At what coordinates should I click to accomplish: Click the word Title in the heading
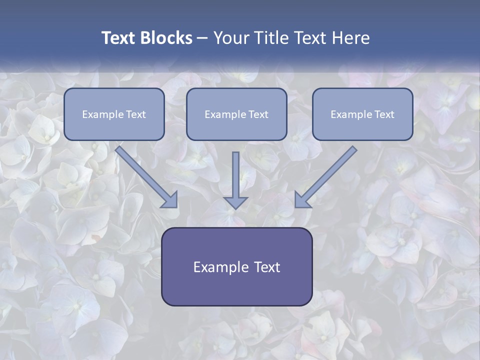pos(271,38)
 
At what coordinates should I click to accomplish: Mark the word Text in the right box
pos(384,114)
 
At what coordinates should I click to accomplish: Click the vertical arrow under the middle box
pos(235,175)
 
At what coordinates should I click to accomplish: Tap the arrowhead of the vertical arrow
pos(235,202)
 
